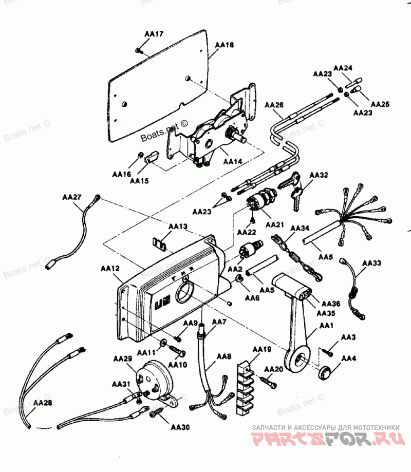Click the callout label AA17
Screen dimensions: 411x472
154,34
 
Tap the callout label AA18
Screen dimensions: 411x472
225,45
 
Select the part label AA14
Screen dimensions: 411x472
232,162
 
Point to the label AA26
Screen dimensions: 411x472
274,105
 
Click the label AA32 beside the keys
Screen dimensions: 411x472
319,175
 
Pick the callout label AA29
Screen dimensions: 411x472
123,359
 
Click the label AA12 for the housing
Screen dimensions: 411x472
110,268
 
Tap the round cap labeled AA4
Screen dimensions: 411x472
324,373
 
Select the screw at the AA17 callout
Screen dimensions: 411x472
139,50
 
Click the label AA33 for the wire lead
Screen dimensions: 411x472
371,263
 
